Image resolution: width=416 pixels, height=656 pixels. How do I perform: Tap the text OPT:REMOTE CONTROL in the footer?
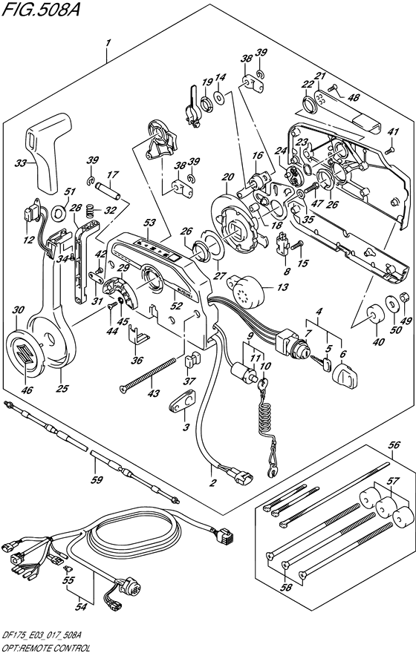click(48, 648)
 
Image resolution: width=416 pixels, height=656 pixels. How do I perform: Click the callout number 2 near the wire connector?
click(212, 483)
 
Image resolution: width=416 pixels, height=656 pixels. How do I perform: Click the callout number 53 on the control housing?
click(149, 222)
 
